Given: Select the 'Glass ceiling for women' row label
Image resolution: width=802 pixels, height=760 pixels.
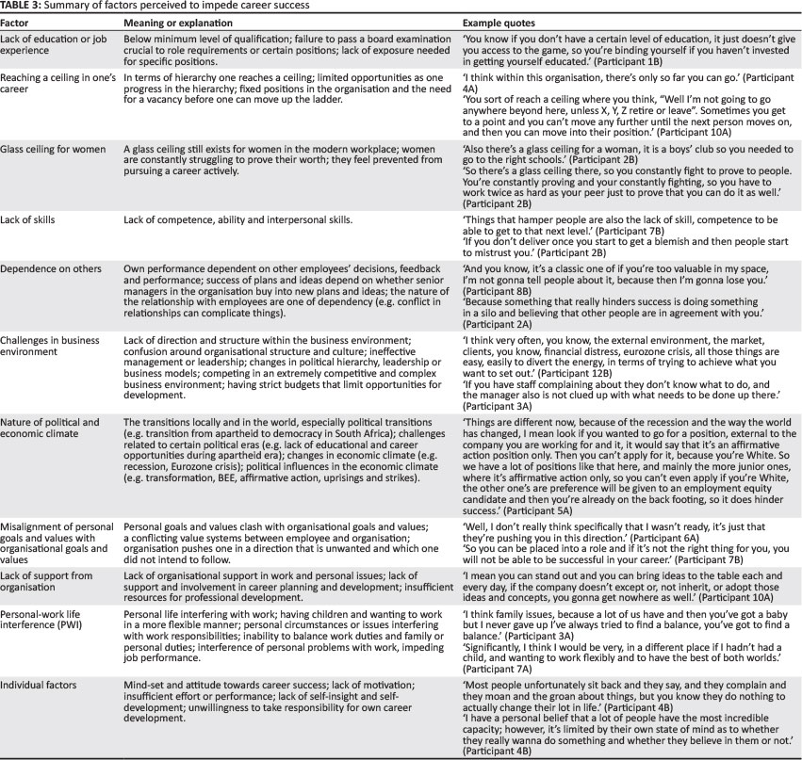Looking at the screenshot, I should pyautogui.click(x=55, y=148).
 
